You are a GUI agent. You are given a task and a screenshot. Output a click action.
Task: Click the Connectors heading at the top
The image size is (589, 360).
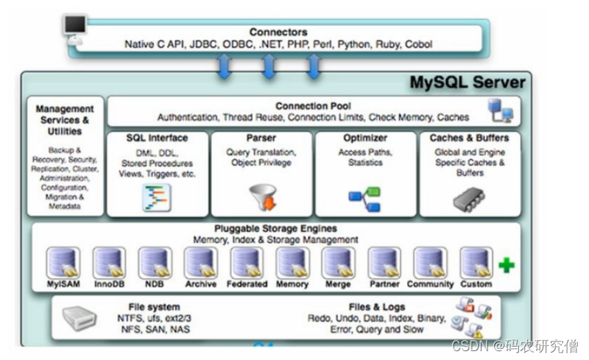pos(278,32)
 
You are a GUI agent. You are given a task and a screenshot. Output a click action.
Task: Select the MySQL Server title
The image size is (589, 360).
pos(468,82)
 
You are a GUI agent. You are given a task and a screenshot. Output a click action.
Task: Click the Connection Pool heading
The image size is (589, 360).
pos(314,106)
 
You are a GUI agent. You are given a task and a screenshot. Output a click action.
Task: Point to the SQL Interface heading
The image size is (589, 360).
pos(157,138)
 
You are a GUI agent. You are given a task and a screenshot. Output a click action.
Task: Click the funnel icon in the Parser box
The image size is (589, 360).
pos(264,197)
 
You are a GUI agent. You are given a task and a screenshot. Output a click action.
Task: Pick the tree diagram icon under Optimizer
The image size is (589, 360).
pos(364,200)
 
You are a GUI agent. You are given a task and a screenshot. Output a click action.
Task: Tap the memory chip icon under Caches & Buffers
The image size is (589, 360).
pos(469,200)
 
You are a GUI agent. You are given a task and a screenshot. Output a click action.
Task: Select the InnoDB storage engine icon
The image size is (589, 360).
pos(109,263)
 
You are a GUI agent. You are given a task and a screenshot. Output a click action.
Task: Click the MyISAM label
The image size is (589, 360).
pos(63,284)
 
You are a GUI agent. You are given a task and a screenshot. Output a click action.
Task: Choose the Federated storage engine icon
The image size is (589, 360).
pos(247,263)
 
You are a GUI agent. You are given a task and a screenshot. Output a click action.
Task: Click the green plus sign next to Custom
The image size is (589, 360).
pos(507,265)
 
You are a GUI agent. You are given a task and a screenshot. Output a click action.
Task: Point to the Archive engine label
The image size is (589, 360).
pos(201,284)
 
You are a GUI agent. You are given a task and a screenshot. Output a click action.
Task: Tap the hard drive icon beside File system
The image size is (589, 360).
pos(80,318)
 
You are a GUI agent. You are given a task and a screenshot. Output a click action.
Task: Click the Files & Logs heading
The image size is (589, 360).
pos(377,307)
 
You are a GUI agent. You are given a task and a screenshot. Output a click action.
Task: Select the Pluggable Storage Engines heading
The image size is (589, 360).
pos(275,228)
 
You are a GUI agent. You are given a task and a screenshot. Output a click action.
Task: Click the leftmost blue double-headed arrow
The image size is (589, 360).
pos(225,66)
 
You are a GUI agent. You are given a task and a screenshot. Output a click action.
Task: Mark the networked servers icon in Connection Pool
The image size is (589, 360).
pos(501,110)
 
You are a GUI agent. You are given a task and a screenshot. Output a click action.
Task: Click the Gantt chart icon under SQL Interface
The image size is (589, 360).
pos(157,197)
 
